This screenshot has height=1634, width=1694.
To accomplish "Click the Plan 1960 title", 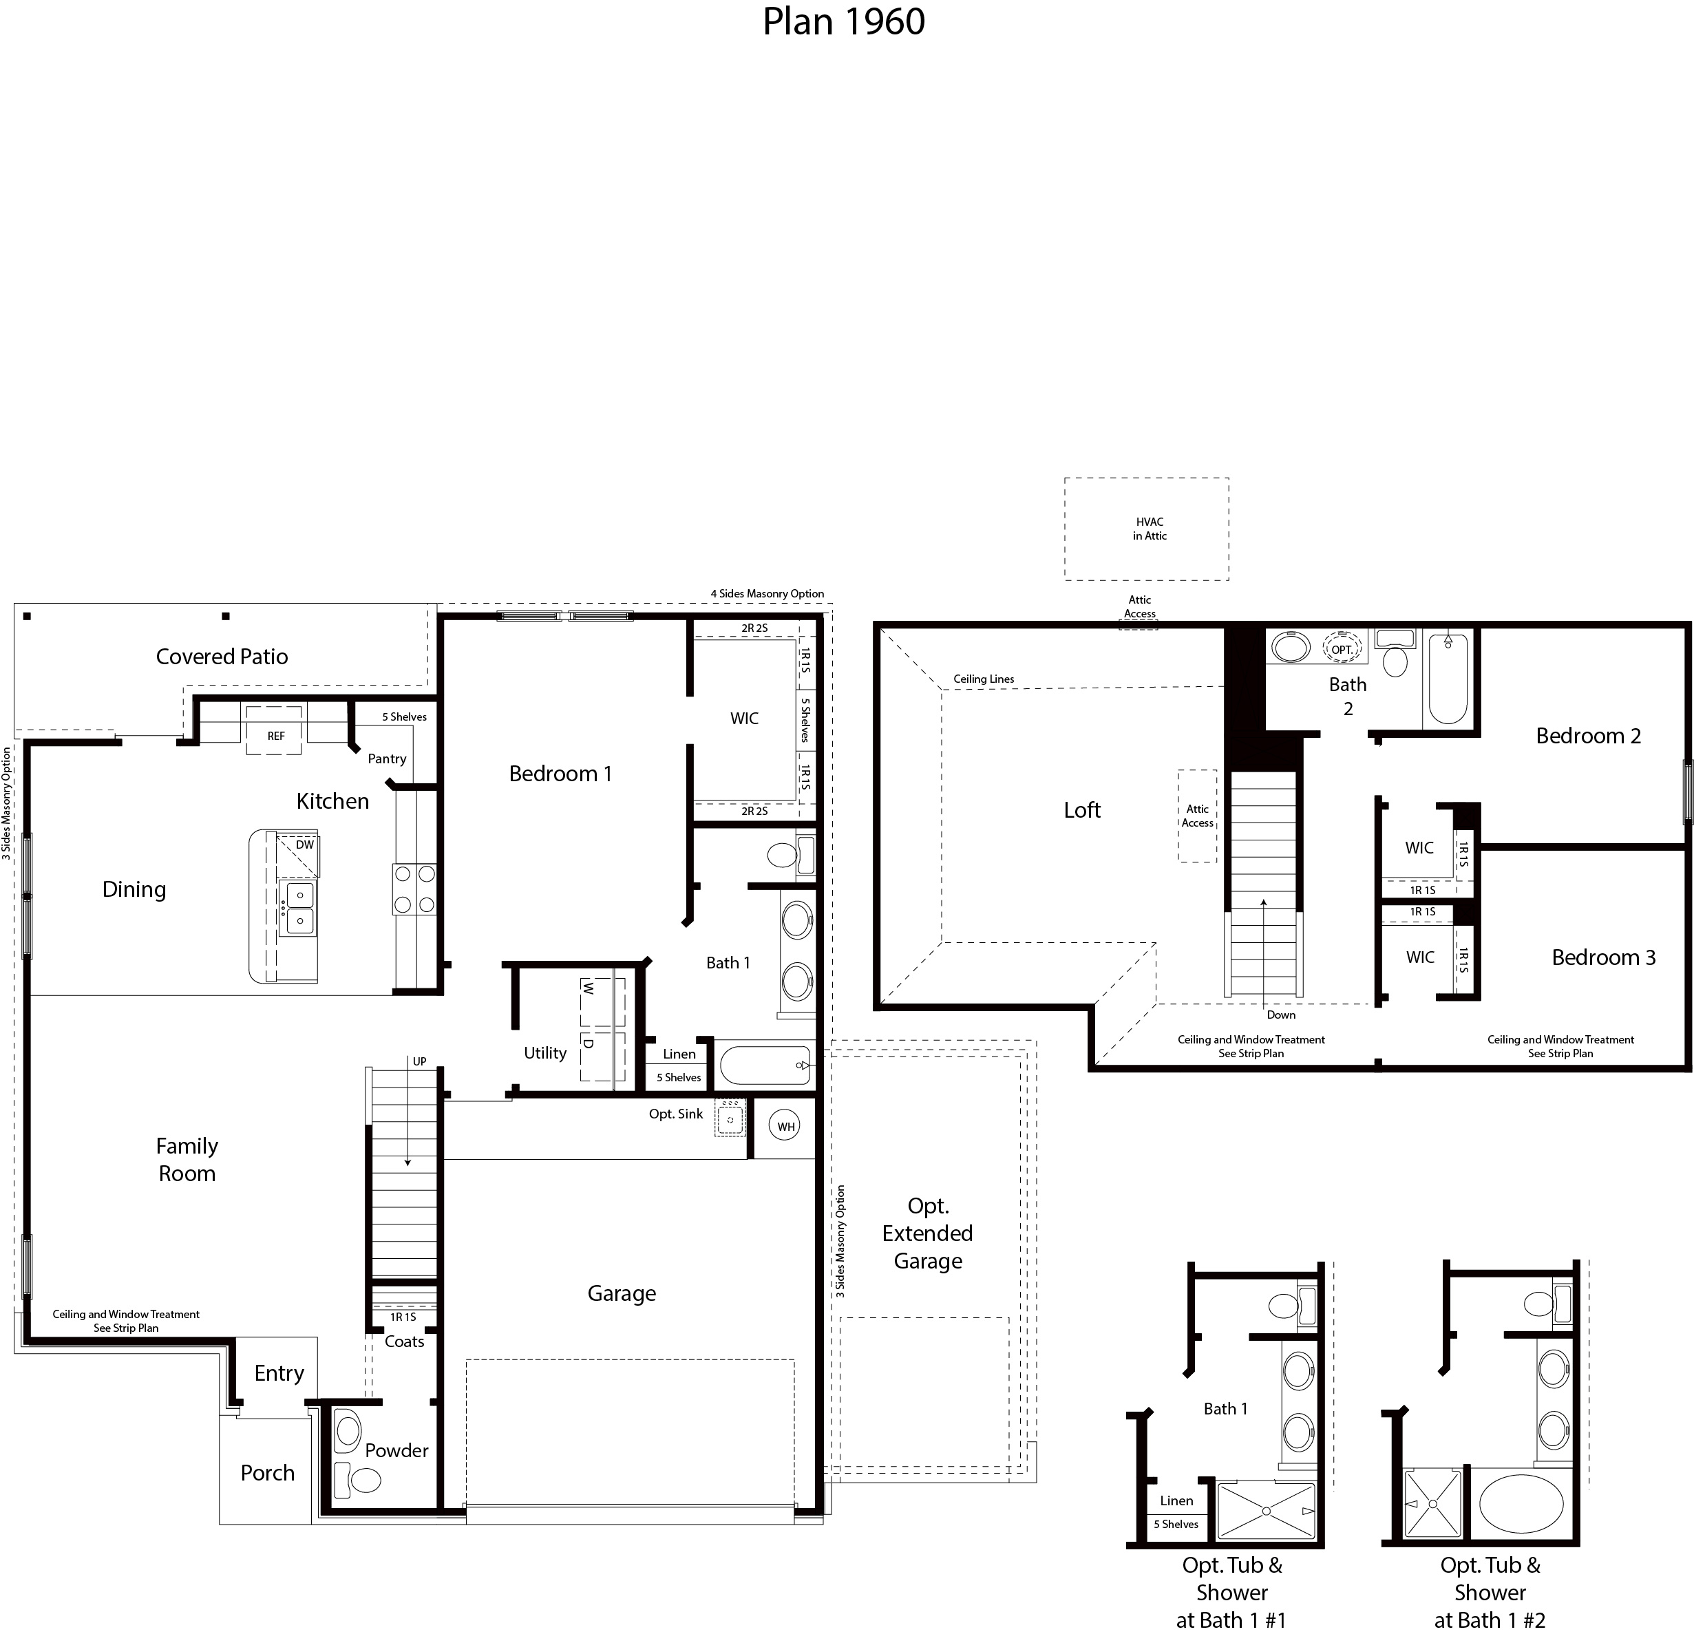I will click(843, 21).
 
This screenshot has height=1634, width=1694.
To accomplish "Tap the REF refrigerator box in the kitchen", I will click(275, 735).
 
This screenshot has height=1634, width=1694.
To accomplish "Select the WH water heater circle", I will click(785, 1127).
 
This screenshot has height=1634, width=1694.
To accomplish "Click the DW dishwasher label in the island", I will click(304, 845).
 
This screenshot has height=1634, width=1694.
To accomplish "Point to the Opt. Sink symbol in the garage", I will click(730, 1121).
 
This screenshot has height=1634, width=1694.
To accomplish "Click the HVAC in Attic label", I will click(1150, 529).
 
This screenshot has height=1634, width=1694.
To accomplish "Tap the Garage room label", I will click(622, 1293).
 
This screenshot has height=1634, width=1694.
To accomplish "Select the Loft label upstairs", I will click(1082, 809).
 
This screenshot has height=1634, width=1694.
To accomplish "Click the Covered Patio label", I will click(221, 657).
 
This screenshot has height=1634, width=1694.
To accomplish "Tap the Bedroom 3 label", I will click(1603, 957).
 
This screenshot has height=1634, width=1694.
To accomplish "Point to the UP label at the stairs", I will click(419, 1061).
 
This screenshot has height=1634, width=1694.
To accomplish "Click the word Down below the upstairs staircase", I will click(1281, 1015).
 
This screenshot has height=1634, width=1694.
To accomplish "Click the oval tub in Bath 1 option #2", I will click(1521, 1503).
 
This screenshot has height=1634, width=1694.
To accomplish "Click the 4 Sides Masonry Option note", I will click(767, 593).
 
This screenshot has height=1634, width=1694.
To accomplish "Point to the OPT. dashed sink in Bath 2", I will click(1342, 649).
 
